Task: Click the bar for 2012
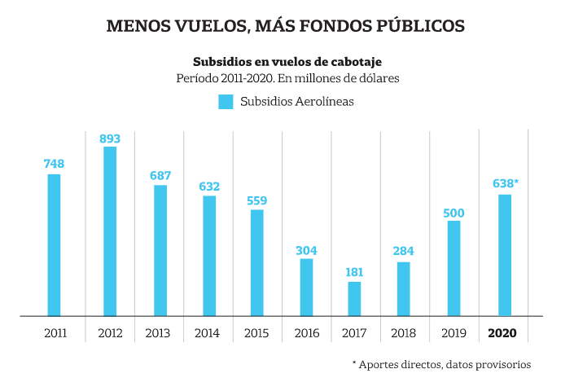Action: [x=110, y=231]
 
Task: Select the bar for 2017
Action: [x=354, y=298]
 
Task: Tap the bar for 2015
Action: [x=257, y=262]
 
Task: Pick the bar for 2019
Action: [x=454, y=267]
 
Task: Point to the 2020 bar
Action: [x=505, y=254]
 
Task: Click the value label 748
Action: [x=54, y=164]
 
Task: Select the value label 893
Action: [x=110, y=138]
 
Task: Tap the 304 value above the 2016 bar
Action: [x=306, y=250]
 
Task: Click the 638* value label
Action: [x=506, y=183]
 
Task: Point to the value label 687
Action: [x=160, y=176]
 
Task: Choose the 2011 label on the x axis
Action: [x=55, y=333]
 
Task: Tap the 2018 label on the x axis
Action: [x=404, y=333]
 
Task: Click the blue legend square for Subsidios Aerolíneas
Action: [x=226, y=102]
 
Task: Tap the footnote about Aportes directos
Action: [x=441, y=364]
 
